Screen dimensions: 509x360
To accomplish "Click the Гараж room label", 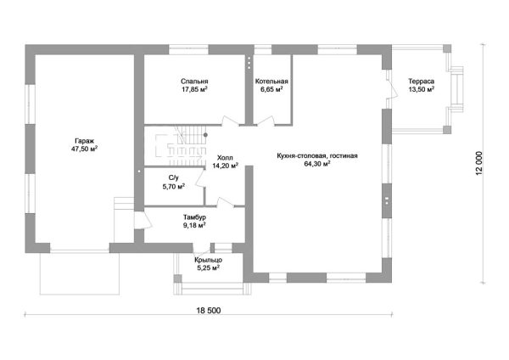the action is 84,141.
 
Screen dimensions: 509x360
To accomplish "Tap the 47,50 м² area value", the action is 84,149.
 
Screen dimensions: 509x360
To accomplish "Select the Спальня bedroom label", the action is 194,82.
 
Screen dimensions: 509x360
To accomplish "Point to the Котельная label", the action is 271,82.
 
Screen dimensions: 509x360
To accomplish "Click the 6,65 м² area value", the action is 271,89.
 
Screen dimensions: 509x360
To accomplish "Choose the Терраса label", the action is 422,82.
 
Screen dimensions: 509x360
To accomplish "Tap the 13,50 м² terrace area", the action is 422,89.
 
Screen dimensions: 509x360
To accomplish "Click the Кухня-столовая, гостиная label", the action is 317,156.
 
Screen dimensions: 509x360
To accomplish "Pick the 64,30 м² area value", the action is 317,164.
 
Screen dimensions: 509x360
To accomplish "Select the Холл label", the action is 225,158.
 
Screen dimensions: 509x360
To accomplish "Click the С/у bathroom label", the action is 173,178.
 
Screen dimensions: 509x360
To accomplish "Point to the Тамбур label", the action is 194,217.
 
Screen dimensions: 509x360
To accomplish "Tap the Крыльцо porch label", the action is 208,260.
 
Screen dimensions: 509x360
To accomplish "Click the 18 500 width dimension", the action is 208,311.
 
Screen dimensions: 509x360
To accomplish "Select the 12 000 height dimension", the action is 479,163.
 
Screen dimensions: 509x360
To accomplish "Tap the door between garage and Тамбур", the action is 143,220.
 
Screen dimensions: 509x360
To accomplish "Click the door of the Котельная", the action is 266,121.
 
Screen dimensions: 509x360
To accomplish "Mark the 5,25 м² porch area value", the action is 208,268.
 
